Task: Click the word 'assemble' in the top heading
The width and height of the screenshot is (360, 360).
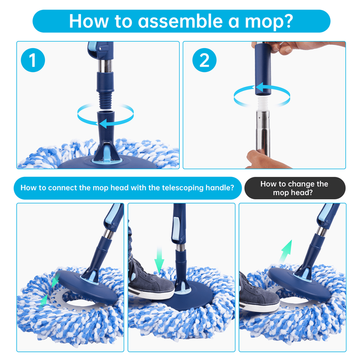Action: [180, 21]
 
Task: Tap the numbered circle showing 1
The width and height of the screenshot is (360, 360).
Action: [33, 60]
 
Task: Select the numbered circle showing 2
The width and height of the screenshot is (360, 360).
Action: [204, 60]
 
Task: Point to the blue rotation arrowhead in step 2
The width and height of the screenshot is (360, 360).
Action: [260, 88]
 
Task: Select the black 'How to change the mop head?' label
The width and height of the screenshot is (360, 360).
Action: [295, 188]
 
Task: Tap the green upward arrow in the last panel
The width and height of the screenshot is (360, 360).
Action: [286, 252]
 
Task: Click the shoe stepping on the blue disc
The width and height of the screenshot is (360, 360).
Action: [150, 283]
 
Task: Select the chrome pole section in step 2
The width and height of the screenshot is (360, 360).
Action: [263, 134]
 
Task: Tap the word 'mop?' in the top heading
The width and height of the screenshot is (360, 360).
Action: [269, 22]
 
